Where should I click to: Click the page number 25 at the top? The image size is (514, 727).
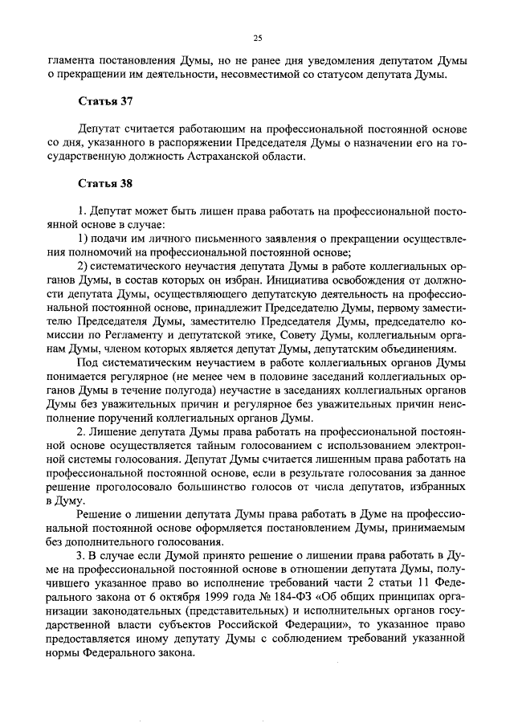point(257,37)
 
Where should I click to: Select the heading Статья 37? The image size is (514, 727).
point(104,102)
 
